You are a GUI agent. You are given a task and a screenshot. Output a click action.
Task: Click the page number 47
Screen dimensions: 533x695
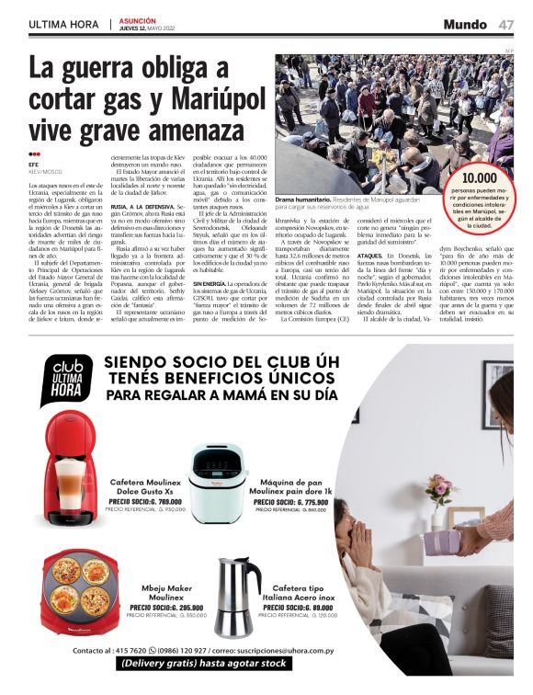click(506, 24)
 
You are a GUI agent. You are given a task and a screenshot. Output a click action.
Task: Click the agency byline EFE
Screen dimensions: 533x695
click(34, 165)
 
